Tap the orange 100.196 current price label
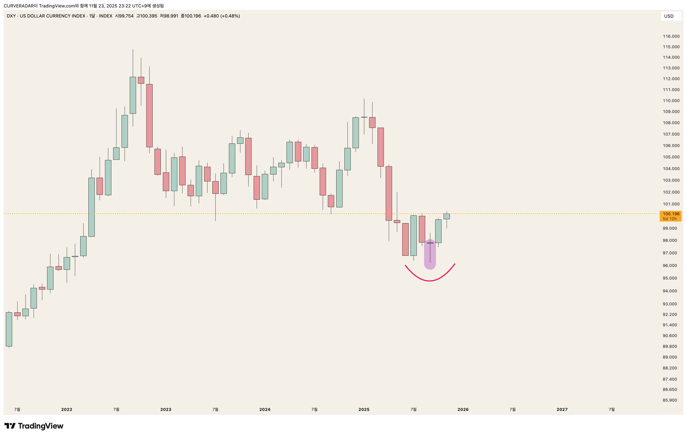click(x=671, y=214)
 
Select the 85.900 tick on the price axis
click(x=669, y=400)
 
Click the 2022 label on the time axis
click(x=67, y=409)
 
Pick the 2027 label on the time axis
click(x=562, y=409)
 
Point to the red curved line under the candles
click(x=430, y=281)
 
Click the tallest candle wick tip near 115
click(x=133, y=50)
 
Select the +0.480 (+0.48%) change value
click(x=221, y=16)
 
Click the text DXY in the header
click(x=11, y=16)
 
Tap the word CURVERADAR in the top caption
click(x=18, y=6)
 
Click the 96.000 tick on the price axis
click(x=669, y=266)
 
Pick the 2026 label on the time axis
click(x=463, y=409)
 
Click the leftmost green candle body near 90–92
click(x=9, y=329)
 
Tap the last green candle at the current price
click(x=446, y=216)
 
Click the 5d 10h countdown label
click(x=669, y=219)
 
